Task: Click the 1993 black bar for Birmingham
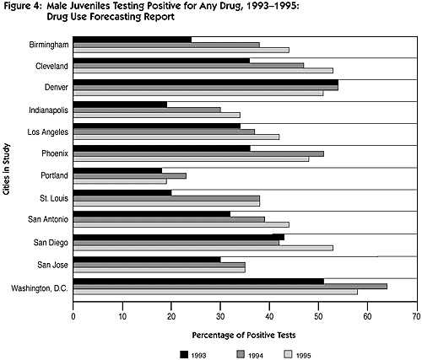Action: click(x=133, y=40)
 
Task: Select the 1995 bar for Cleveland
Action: click(x=203, y=71)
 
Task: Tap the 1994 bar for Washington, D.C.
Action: click(x=230, y=287)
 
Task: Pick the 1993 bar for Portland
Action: click(x=117, y=170)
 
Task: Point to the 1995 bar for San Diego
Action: click(x=203, y=248)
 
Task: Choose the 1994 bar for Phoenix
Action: click(x=198, y=154)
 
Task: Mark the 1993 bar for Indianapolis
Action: click(x=120, y=105)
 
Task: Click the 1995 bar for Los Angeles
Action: click(x=176, y=137)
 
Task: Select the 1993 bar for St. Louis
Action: click(x=122, y=192)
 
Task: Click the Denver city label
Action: click(x=57, y=87)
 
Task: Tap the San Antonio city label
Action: click(x=48, y=219)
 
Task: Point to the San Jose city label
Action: click(x=52, y=265)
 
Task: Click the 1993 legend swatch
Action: click(x=184, y=354)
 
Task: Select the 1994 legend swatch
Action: click(x=241, y=354)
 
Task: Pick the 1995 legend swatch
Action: click(x=289, y=354)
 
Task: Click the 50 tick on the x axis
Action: click(x=318, y=305)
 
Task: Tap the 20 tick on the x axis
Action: click(x=171, y=305)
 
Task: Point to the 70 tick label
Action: click(x=417, y=316)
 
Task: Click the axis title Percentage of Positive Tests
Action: click(x=244, y=336)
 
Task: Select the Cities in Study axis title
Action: click(x=6, y=169)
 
